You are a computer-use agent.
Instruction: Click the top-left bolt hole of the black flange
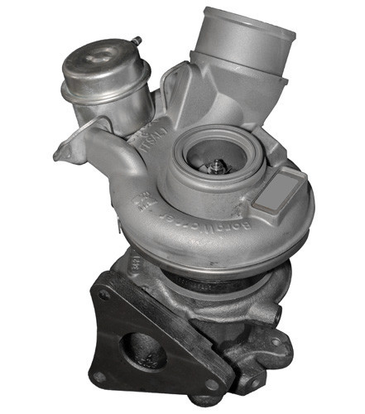[x=104, y=293]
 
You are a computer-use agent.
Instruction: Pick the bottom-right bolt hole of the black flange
[x=211, y=383]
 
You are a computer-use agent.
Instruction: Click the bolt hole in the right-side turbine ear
[x=276, y=340]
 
